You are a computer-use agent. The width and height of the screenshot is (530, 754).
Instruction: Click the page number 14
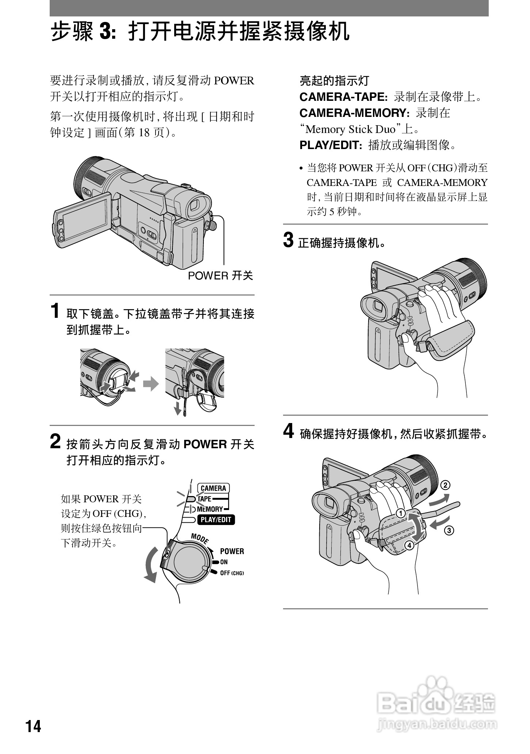tap(33, 727)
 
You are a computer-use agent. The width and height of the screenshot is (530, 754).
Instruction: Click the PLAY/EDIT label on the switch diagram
tap(216, 520)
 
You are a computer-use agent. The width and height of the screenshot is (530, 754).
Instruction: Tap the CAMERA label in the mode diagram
tap(213, 488)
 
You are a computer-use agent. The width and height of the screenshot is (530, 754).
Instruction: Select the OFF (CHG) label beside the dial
tap(232, 573)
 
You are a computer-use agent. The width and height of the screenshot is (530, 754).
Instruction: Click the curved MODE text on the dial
tap(200, 538)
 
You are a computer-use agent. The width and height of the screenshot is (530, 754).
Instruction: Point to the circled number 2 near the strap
tap(445, 485)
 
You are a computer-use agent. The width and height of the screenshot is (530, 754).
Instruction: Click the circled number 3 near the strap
tap(449, 530)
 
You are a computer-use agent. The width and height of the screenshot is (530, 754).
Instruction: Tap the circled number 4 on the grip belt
tap(409, 545)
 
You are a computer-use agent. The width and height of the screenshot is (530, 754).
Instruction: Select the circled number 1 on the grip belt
tap(400, 514)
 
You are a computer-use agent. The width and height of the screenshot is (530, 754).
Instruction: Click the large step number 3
tap(288, 240)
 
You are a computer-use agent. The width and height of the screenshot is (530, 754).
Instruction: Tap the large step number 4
tap(289, 431)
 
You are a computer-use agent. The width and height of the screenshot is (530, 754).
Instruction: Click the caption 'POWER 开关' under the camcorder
tap(220, 276)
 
